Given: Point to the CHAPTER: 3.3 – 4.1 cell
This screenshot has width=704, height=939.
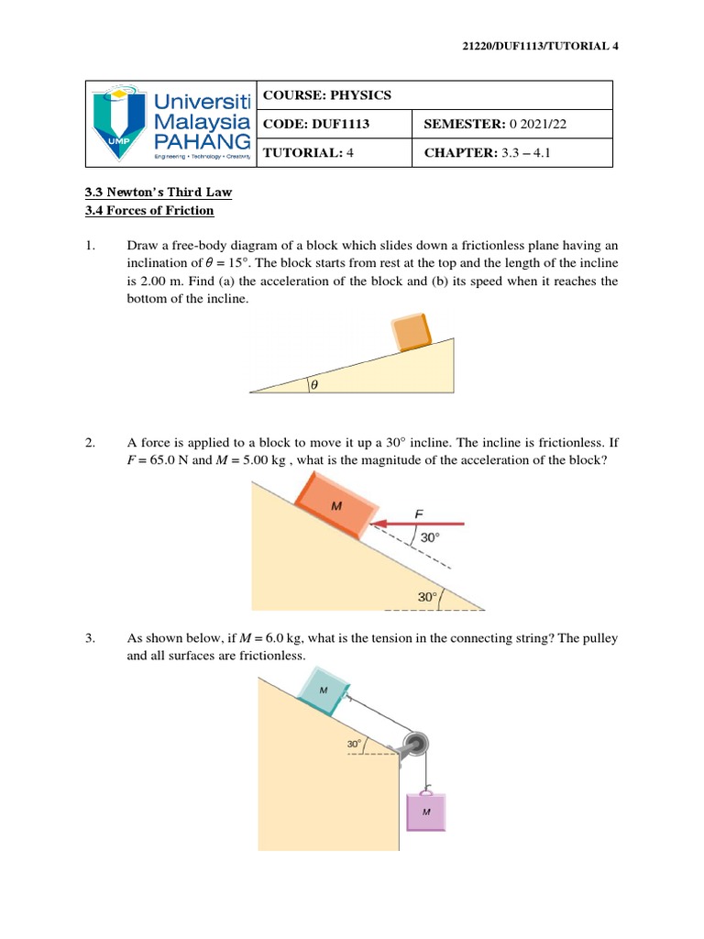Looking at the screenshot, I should [x=489, y=152].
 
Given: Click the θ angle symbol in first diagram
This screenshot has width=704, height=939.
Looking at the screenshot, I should [x=313, y=385].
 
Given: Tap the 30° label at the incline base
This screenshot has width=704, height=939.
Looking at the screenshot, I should [x=427, y=597].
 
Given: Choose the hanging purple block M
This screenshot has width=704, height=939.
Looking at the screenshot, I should [x=426, y=811].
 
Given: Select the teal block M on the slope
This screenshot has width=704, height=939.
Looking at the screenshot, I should [x=324, y=693].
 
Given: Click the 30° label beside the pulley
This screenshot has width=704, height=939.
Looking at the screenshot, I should [x=354, y=745].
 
